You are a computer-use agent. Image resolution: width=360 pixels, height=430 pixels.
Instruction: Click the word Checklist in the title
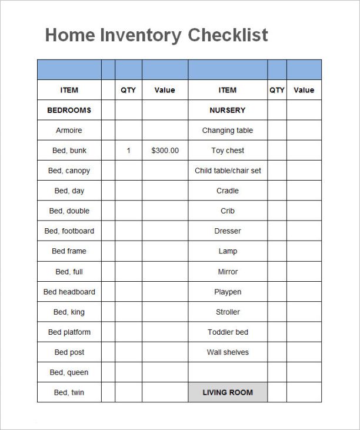pyautogui.click(x=228, y=35)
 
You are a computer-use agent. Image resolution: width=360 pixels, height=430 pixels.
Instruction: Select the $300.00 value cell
pyautogui.click(x=165, y=151)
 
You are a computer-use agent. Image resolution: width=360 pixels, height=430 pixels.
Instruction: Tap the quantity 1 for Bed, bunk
pyautogui.click(x=128, y=151)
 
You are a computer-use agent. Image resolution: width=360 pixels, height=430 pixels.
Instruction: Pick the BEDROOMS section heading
pyautogui.click(x=69, y=110)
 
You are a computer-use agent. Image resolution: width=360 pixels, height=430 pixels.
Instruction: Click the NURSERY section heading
pyautogui.click(x=227, y=110)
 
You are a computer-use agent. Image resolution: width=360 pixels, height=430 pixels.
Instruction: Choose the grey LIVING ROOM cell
pyautogui.click(x=227, y=392)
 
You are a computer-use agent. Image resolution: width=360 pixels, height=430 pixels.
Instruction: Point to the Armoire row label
pyautogui.click(x=69, y=131)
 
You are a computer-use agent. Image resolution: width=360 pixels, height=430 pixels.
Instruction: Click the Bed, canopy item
pyautogui.click(x=69, y=171)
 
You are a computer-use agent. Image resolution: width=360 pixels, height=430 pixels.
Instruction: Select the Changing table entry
pyautogui.click(x=227, y=131)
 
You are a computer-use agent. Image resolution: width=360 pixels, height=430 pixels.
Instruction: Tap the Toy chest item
pyautogui.click(x=227, y=151)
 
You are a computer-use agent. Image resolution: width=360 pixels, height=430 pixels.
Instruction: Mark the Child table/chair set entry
pyautogui.click(x=228, y=171)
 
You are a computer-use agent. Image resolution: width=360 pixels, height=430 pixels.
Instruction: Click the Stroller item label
pyautogui.click(x=227, y=312)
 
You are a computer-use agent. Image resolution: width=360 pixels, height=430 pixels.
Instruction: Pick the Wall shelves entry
pyautogui.click(x=227, y=352)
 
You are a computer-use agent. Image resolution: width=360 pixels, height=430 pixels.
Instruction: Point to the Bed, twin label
pyautogui.click(x=69, y=392)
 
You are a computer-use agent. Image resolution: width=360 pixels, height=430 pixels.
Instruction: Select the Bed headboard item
pyautogui.click(x=69, y=292)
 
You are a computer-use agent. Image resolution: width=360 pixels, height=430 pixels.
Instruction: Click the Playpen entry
pyautogui.click(x=227, y=292)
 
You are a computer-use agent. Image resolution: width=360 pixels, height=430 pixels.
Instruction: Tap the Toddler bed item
pyautogui.click(x=227, y=332)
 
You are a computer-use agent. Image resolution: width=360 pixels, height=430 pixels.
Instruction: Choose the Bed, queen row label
pyautogui.click(x=69, y=372)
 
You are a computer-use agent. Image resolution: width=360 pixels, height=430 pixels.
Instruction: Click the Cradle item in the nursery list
pyautogui.click(x=227, y=191)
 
